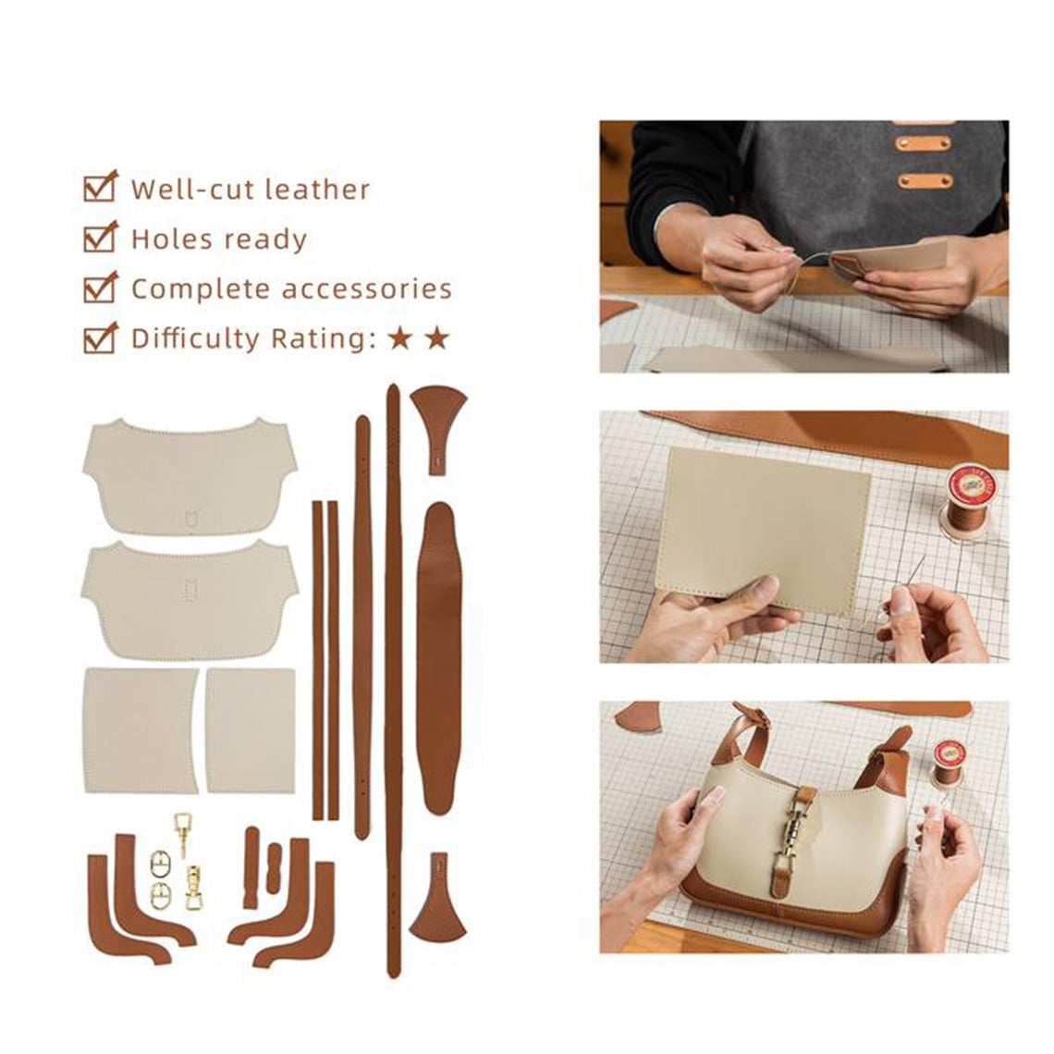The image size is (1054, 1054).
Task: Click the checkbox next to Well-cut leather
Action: coord(99,188)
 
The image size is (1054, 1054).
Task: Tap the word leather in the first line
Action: coord(317,190)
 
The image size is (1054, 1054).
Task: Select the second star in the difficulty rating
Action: coord(437,338)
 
